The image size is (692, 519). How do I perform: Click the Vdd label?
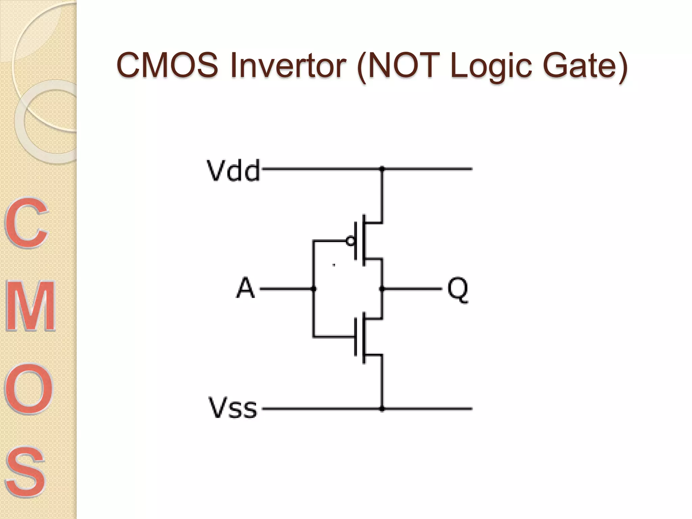coord(233,170)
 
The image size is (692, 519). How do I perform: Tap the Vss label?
coord(233,408)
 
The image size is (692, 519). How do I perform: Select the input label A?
coord(245,288)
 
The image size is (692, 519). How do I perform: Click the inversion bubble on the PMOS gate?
coord(350,241)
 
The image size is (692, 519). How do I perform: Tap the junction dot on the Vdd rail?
coord(382,168)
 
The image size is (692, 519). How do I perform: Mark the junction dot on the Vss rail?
coord(382,409)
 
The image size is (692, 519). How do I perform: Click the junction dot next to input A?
coord(314,289)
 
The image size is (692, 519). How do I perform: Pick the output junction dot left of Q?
coord(382,289)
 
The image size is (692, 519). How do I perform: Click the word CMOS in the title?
coord(167,65)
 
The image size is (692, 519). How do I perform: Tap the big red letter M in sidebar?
coord(30,306)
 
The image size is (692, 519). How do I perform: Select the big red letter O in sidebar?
coord(29,389)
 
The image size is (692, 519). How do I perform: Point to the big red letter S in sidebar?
coord(25,471)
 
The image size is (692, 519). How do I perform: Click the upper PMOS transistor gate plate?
coord(355,241)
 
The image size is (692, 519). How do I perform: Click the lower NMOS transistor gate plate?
coord(355,337)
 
